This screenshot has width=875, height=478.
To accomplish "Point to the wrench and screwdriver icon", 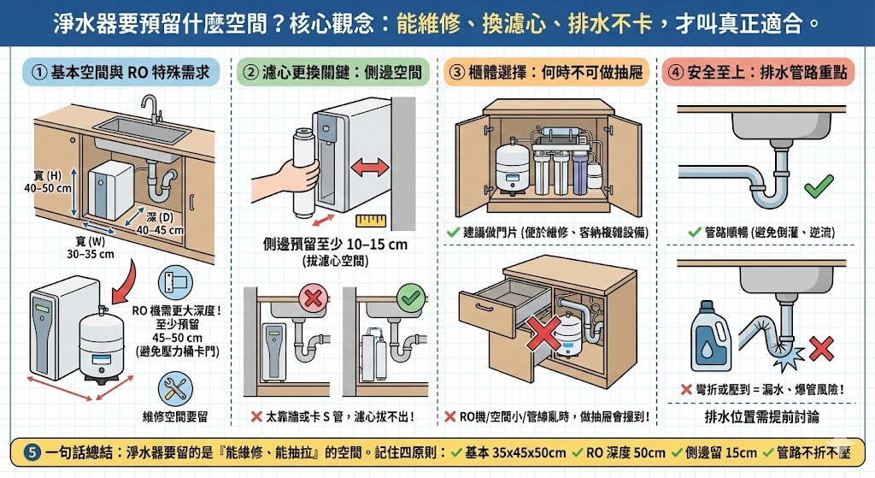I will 175,389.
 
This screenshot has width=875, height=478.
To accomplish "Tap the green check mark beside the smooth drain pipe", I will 819,185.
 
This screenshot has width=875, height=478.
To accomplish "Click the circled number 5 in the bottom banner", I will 32,452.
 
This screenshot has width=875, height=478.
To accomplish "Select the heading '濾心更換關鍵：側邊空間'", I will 333,73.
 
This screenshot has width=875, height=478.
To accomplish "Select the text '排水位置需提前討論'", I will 763,418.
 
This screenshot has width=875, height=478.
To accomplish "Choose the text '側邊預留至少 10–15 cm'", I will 335,245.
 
